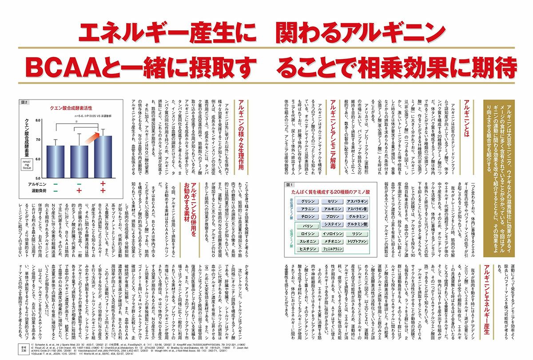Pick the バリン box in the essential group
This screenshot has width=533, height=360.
click(306, 225)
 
